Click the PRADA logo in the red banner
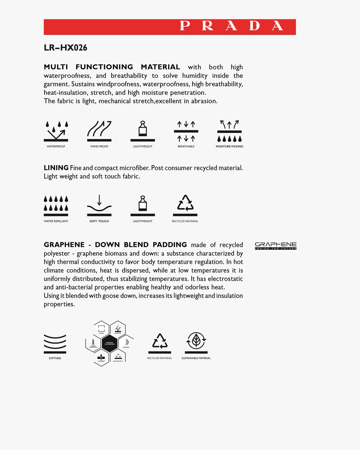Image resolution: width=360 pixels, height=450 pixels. (231, 26)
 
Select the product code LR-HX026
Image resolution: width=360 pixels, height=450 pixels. (66, 48)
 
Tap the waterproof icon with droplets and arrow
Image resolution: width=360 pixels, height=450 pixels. (56, 131)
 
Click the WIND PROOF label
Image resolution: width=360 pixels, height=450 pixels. (99, 147)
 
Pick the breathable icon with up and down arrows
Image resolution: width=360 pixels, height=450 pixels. (186, 131)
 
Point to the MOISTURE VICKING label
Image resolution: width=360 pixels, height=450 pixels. (229, 147)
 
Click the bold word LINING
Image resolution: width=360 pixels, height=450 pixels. (56, 168)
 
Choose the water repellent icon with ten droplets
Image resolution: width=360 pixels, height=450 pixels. (56, 204)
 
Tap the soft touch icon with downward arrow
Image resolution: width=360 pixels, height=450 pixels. (99, 204)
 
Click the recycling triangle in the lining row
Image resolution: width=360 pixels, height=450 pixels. (185, 203)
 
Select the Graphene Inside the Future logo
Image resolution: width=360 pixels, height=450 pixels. (275, 246)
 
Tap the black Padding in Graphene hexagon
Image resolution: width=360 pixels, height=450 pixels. (110, 343)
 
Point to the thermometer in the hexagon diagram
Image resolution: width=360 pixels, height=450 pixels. (93, 342)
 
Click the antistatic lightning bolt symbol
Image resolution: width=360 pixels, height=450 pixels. (118, 329)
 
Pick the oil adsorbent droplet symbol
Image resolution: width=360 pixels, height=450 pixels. (102, 356)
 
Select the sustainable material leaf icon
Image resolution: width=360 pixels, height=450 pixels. (196, 340)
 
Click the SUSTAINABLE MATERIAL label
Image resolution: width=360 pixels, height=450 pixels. (196, 358)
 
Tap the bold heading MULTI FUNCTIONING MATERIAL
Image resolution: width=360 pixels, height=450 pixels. (112, 67)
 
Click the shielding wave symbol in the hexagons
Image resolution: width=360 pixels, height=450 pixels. (126, 342)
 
